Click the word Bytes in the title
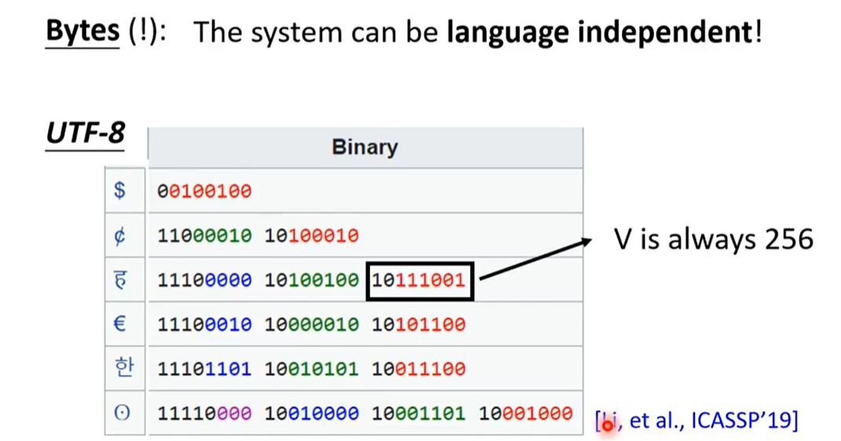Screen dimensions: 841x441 click(x=82, y=31)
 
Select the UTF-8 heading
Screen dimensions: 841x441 click(x=86, y=133)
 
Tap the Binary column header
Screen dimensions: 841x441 click(x=364, y=147)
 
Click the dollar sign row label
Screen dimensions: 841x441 click(x=120, y=190)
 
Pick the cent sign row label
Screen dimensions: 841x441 click(x=120, y=235)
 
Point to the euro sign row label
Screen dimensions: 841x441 click(x=120, y=323)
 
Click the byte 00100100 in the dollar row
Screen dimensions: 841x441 click(x=204, y=191)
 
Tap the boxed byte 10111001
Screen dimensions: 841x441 click(x=419, y=281)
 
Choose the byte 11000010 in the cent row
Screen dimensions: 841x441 click(x=204, y=236)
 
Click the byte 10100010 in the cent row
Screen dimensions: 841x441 click(x=312, y=236)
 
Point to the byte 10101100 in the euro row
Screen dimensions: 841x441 click(x=419, y=325)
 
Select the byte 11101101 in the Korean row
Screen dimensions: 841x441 click(x=204, y=369)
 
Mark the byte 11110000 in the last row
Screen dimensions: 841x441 click(x=204, y=413)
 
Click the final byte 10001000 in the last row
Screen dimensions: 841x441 click(x=525, y=413)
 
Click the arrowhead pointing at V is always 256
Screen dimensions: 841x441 click(x=585, y=243)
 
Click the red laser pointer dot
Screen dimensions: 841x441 click(x=607, y=425)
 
